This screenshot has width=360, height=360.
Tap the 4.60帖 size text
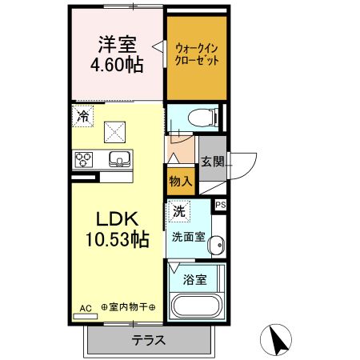tap(117, 66)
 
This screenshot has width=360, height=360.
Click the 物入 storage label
tap(180, 181)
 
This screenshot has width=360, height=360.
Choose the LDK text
tap(118, 218)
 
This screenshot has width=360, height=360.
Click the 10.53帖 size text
tap(118, 238)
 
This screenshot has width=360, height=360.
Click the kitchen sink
tap(118, 158)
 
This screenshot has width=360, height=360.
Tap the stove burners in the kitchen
tap(84, 158)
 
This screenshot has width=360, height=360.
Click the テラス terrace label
tap(149, 340)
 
